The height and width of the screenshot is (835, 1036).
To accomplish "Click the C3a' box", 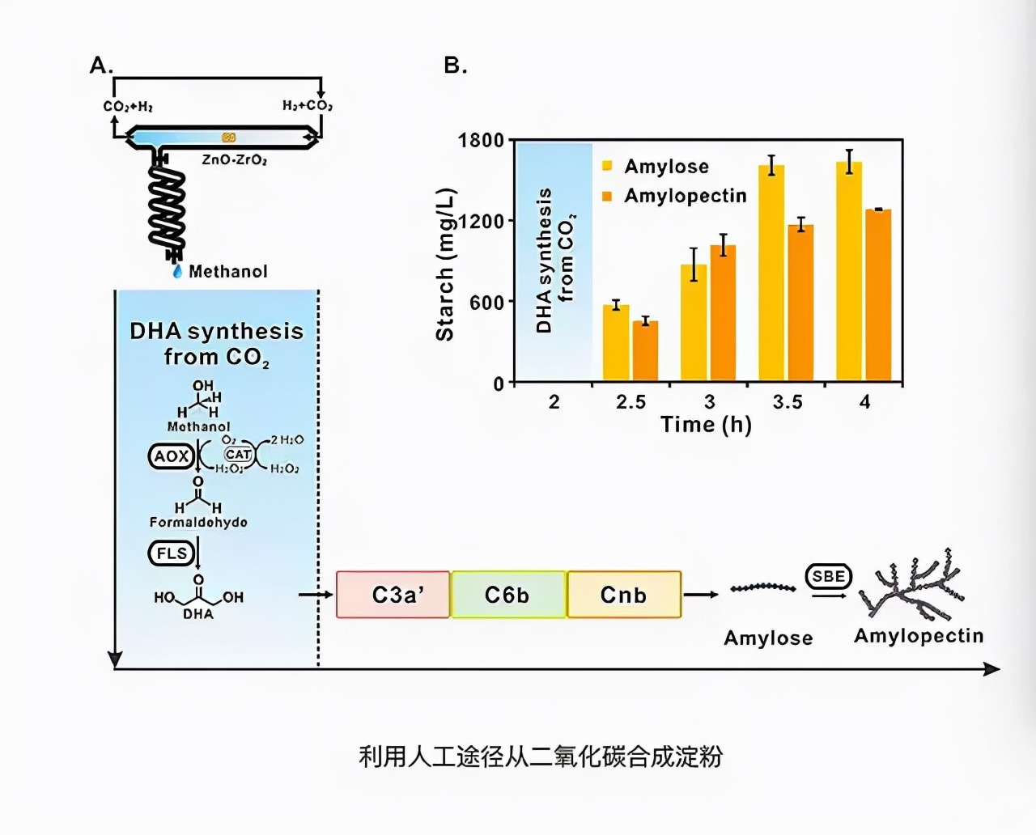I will (x=393, y=595).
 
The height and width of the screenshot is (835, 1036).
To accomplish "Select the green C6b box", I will (x=508, y=595).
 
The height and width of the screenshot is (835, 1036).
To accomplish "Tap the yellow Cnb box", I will (x=624, y=595).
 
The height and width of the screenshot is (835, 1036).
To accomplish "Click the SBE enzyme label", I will (x=828, y=576).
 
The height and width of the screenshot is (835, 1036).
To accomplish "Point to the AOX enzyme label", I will (x=171, y=456).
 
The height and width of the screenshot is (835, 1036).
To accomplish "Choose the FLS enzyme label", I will (x=172, y=553).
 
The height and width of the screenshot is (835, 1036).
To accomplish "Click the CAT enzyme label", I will (x=238, y=455).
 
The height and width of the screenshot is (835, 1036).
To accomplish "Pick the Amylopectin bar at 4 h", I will (x=878, y=295).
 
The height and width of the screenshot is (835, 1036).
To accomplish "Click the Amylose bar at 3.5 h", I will (x=771, y=273).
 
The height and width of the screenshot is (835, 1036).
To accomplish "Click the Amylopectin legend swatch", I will (x=607, y=196).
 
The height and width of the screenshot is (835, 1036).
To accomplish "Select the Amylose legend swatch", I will (x=607, y=167).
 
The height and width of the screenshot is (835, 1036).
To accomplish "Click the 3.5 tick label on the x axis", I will (x=787, y=402).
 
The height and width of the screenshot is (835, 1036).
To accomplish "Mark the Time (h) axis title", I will (x=706, y=425).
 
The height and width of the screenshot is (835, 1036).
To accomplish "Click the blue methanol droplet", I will (x=177, y=272).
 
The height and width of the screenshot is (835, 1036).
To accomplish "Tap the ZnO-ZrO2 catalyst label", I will (x=234, y=159).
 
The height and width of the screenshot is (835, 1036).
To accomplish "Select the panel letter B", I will (x=456, y=66).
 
